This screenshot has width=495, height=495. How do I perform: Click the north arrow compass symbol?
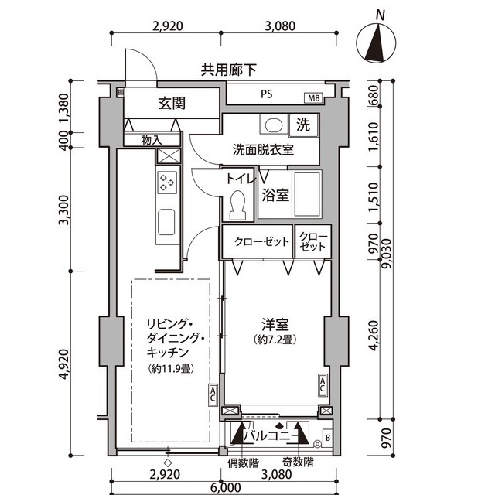(378, 42)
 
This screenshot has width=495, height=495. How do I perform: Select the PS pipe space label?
(265, 96)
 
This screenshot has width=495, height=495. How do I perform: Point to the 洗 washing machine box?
(303, 124)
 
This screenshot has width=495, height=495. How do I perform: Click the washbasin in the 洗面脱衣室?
(271, 125)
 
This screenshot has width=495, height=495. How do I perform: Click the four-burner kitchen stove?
(168, 183)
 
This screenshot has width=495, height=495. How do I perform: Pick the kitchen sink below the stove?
(168, 223)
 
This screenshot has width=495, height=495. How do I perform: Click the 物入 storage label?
(151, 140)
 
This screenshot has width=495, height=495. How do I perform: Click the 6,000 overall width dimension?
(224, 487)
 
